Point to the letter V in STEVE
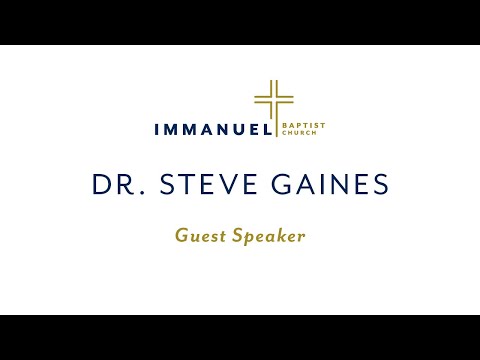pyautogui.click(x=214, y=185)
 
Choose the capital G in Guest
pyautogui.click(x=182, y=237)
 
